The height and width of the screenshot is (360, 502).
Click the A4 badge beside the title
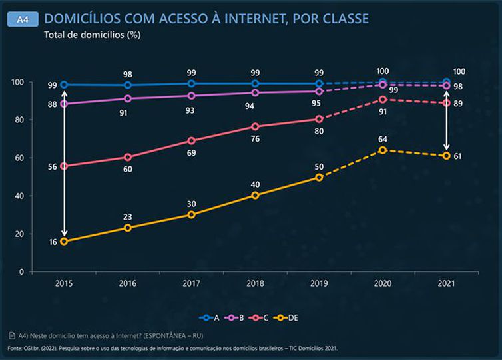coord(22,20)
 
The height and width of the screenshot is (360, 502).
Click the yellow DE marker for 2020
coord(383,150)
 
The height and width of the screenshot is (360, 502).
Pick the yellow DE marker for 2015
coord(64,242)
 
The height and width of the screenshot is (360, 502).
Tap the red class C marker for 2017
coord(192,141)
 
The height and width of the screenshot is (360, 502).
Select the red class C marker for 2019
coord(319,119)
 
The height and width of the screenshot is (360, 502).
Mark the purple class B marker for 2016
coord(128,98)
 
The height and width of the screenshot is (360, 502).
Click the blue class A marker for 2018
coord(255,83)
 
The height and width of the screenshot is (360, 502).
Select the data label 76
coord(255,139)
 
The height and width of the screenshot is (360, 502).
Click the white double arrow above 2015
coord(64,163)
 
